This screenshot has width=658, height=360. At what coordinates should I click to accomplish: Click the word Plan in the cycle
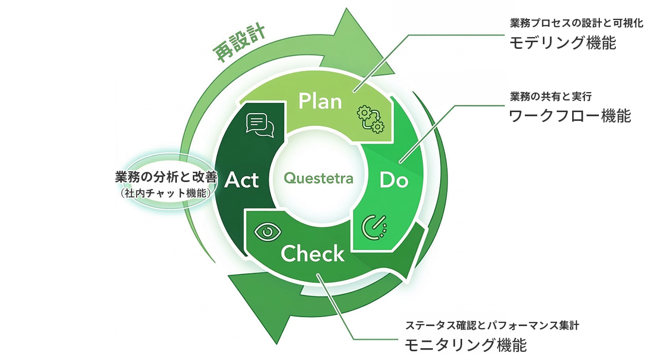320,101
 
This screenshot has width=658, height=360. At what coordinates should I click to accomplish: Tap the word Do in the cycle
393,180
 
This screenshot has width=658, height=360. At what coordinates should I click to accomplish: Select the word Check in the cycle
313,254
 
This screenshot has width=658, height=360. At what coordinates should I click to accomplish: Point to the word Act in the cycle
242,180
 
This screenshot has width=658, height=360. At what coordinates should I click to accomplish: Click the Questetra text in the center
319,178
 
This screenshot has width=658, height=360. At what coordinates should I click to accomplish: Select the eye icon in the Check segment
268,232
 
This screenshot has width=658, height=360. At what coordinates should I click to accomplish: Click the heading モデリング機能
562,43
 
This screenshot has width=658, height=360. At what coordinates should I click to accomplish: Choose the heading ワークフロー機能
570,116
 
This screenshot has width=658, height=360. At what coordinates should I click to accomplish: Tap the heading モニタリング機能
466,345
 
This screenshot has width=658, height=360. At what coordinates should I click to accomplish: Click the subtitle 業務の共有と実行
551,96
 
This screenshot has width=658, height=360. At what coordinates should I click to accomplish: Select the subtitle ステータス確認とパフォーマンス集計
492,325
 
